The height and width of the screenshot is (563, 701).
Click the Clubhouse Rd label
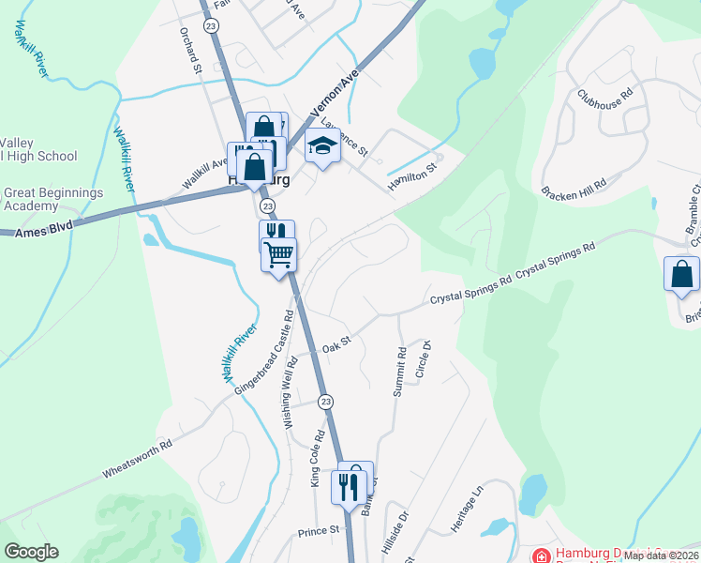click(x=606, y=99)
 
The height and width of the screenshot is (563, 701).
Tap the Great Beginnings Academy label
click(x=52, y=199)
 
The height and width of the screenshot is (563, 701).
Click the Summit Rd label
click(x=400, y=370)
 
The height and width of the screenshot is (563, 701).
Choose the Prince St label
click(x=319, y=531)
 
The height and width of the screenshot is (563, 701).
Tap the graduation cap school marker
click(x=323, y=147)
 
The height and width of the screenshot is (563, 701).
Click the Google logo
click(x=31, y=552)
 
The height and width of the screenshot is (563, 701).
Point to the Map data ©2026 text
click(x=660, y=555)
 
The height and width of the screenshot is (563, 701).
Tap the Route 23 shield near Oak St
click(x=325, y=401)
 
